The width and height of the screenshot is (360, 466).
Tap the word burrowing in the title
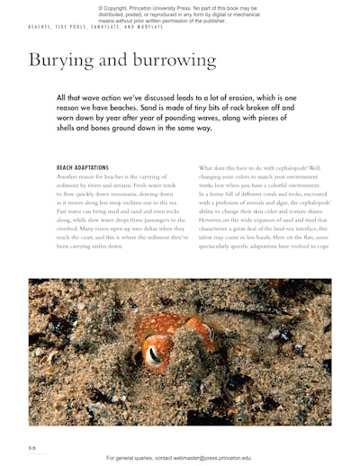point(172,61)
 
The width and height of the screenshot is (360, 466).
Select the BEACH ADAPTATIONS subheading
point(82,167)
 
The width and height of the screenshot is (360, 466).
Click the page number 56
point(31,447)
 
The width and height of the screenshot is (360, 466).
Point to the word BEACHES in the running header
point(40,27)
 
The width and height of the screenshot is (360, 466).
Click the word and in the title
point(108,61)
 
